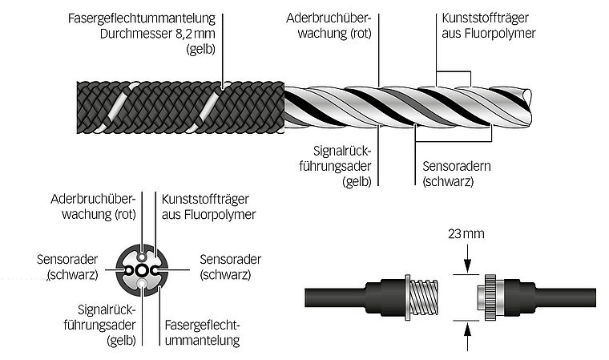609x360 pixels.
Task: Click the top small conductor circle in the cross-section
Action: tap(143, 256)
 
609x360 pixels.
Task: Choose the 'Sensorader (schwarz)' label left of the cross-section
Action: tap(67, 267)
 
